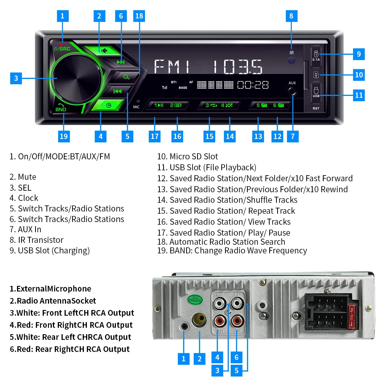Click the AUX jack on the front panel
[292, 92]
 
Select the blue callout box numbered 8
[291, 16]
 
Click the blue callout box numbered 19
[64, 136]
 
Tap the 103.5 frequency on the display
[237, 67]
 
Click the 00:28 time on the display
[253, 85]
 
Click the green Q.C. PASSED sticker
[195, 300]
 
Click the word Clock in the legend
[28, 198]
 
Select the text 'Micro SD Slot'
[194, 156]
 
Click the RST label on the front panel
[316, 108]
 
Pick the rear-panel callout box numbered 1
[184, 358]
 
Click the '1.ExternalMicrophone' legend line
[50, 289]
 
